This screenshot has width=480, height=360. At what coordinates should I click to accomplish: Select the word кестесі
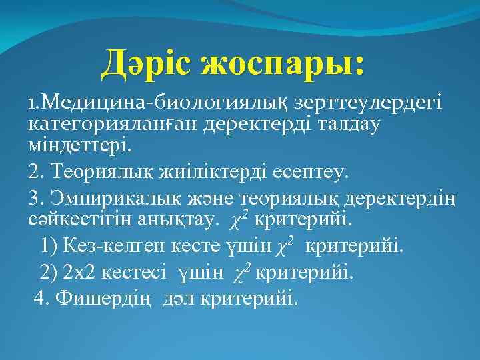pos(137,272)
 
